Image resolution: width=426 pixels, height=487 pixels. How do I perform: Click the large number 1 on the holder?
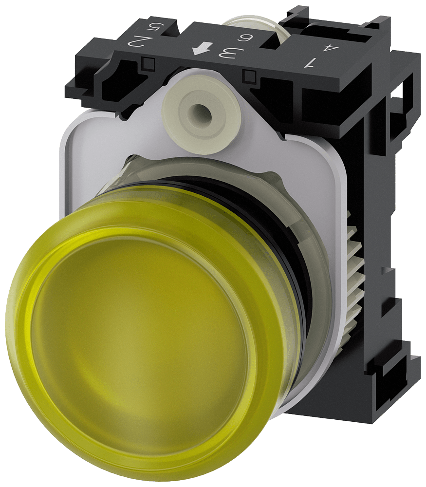[x=310, y=62]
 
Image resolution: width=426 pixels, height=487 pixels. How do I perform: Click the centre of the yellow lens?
[x=146, y=341]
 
